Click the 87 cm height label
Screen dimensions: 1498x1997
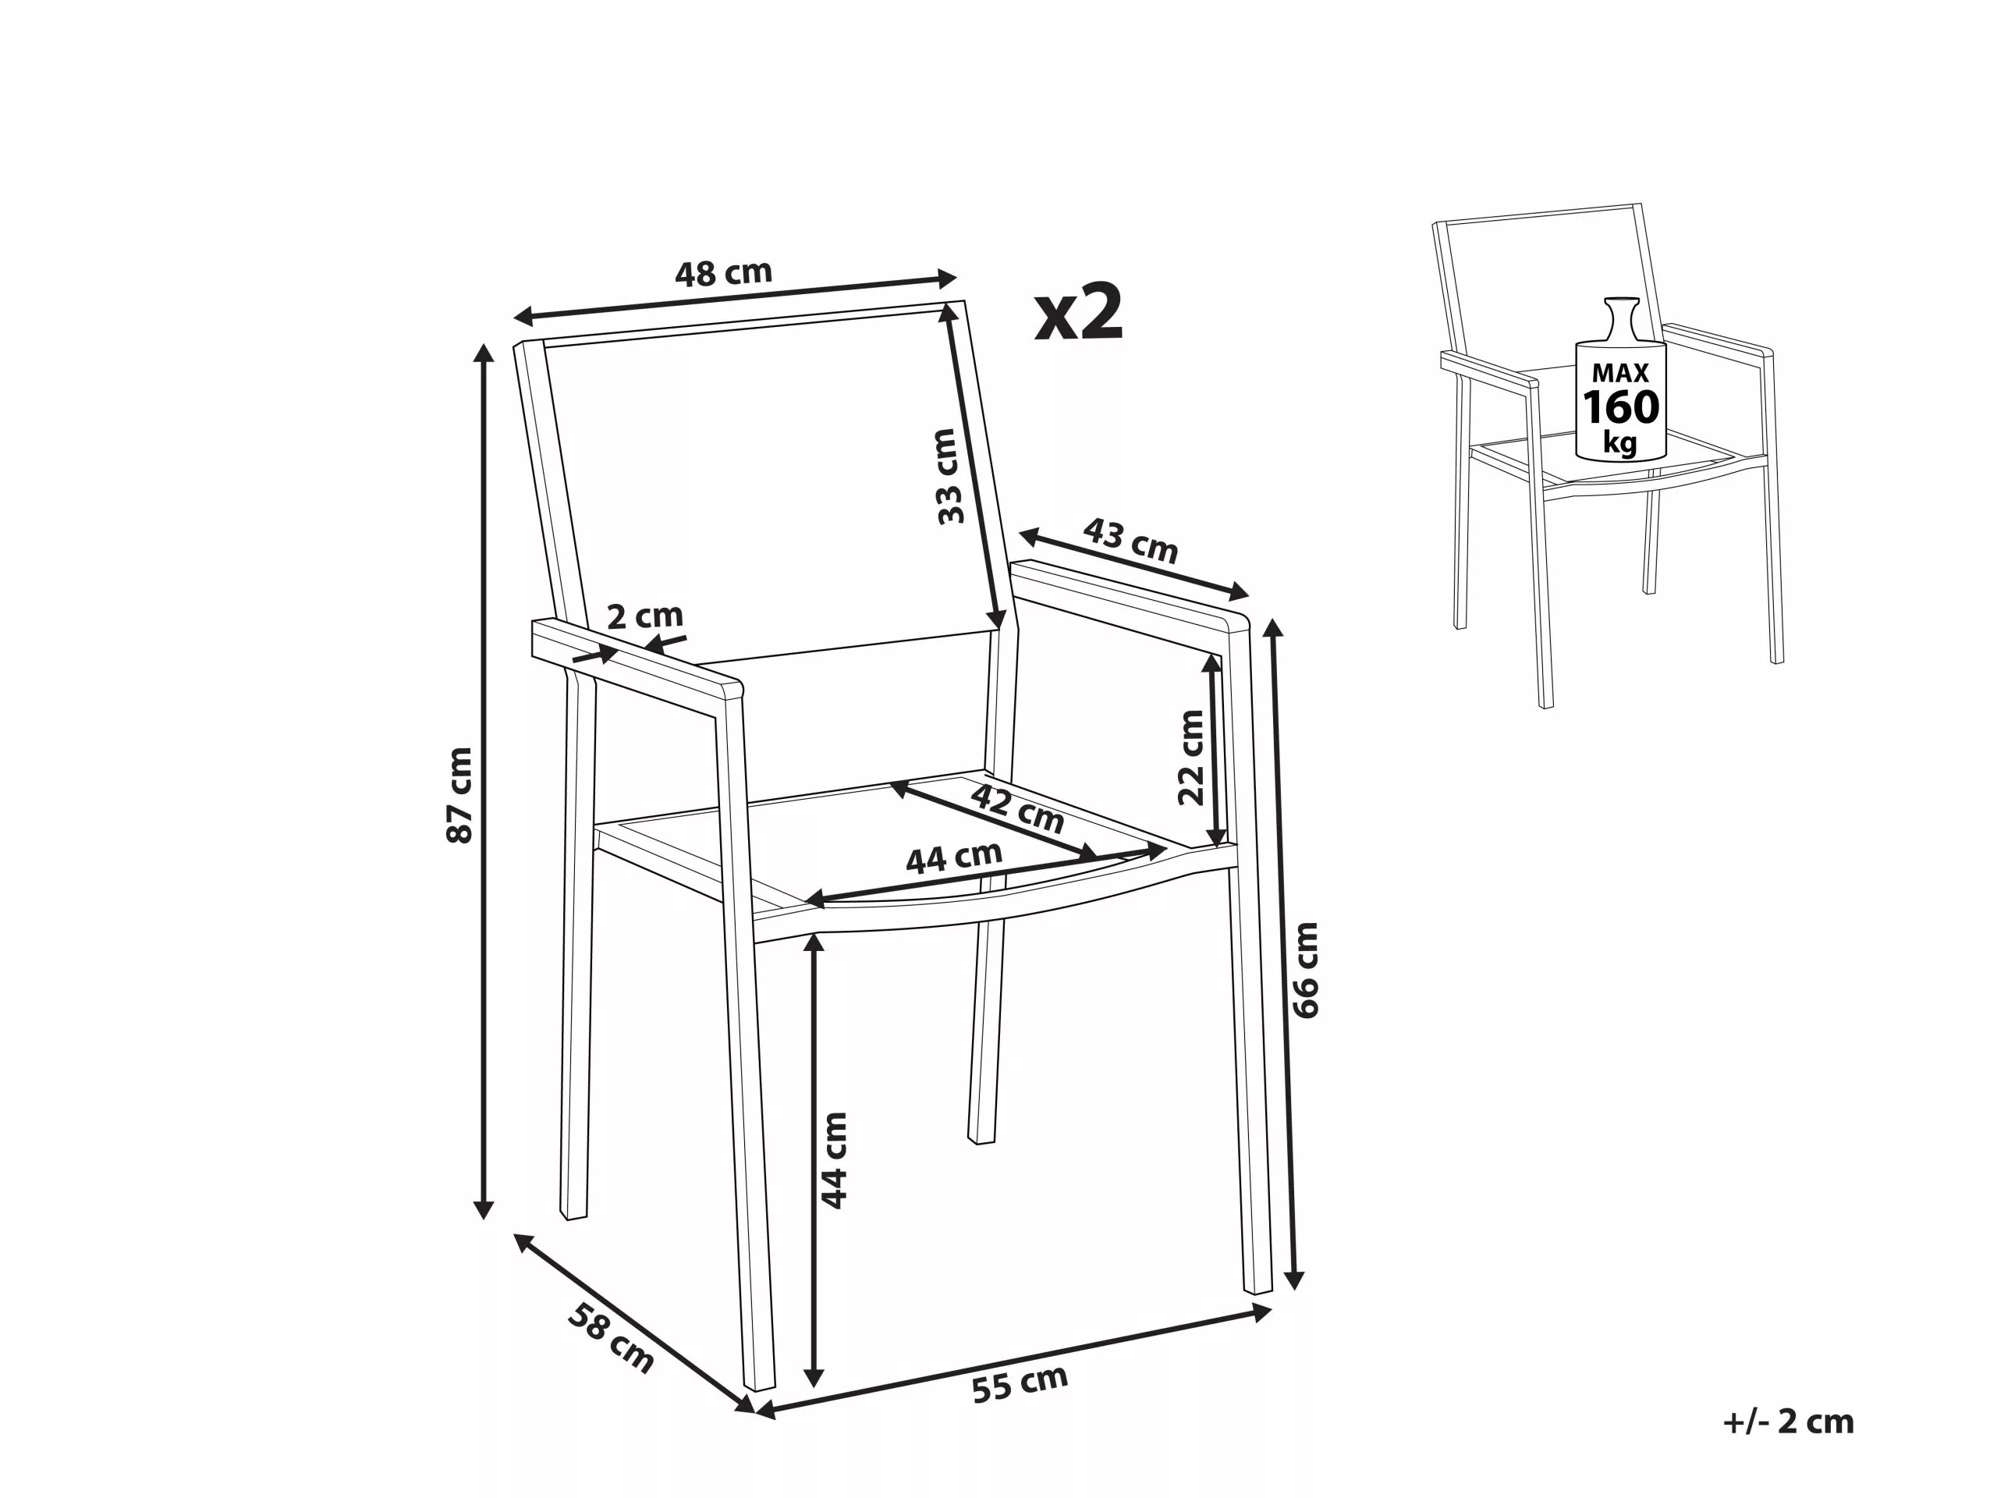[x=459, y=794]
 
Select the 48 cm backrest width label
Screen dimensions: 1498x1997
[x=723, y=273]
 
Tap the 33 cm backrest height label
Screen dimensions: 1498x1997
[x=947, y=476]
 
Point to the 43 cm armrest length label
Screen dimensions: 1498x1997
[x=1130, y=540]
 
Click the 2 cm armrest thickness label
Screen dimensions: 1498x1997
[x=644, y=616]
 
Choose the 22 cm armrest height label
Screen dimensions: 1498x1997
[x=1192, y=757]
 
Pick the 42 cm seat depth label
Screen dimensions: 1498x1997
[x=1017, y=809]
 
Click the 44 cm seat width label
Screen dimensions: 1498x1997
[x=953, y=857]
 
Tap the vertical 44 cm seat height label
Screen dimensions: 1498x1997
[x=834, y=1160]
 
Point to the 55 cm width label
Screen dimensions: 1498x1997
[x=1020, y=1383]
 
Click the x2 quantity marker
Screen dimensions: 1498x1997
[x=1079, y=312]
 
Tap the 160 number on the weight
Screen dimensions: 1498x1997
[x=1620, y=408]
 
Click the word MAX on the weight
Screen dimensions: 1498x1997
[x=1620, y=372]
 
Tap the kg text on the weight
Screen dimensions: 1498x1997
[x=1620, y=443]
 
